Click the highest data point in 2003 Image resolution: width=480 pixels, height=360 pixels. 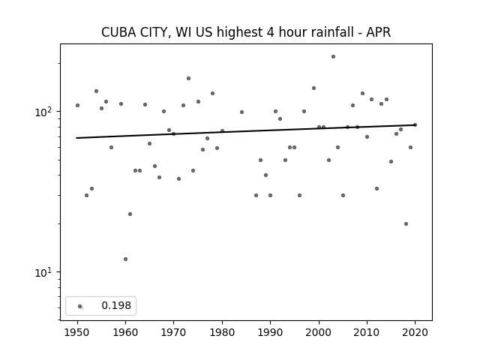[x=333, y=57]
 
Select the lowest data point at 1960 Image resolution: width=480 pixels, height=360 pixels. [x=125, y=259]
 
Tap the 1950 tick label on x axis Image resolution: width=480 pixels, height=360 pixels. [x=77, y=332]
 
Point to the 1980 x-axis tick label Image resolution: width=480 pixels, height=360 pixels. [x=222, y=332]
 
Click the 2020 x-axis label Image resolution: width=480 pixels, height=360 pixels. [x=415, y=332]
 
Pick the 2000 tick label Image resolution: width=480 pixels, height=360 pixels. [x=319, y=332]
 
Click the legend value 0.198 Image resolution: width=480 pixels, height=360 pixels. [x=116, y=305]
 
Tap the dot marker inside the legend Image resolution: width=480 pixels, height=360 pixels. [x=80, y=307]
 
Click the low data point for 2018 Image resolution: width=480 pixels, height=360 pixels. [x=406, y=223]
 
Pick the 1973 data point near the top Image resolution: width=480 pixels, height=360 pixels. [x=188, y=78]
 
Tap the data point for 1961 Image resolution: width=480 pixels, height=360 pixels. [x=130, y=214]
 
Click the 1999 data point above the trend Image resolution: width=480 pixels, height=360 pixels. [x=313, y=88]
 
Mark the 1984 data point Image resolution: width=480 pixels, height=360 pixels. [x=241, y=112]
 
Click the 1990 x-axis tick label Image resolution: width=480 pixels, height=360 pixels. [x=270, y=332]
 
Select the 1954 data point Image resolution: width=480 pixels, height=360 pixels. [x=97, y=91]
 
